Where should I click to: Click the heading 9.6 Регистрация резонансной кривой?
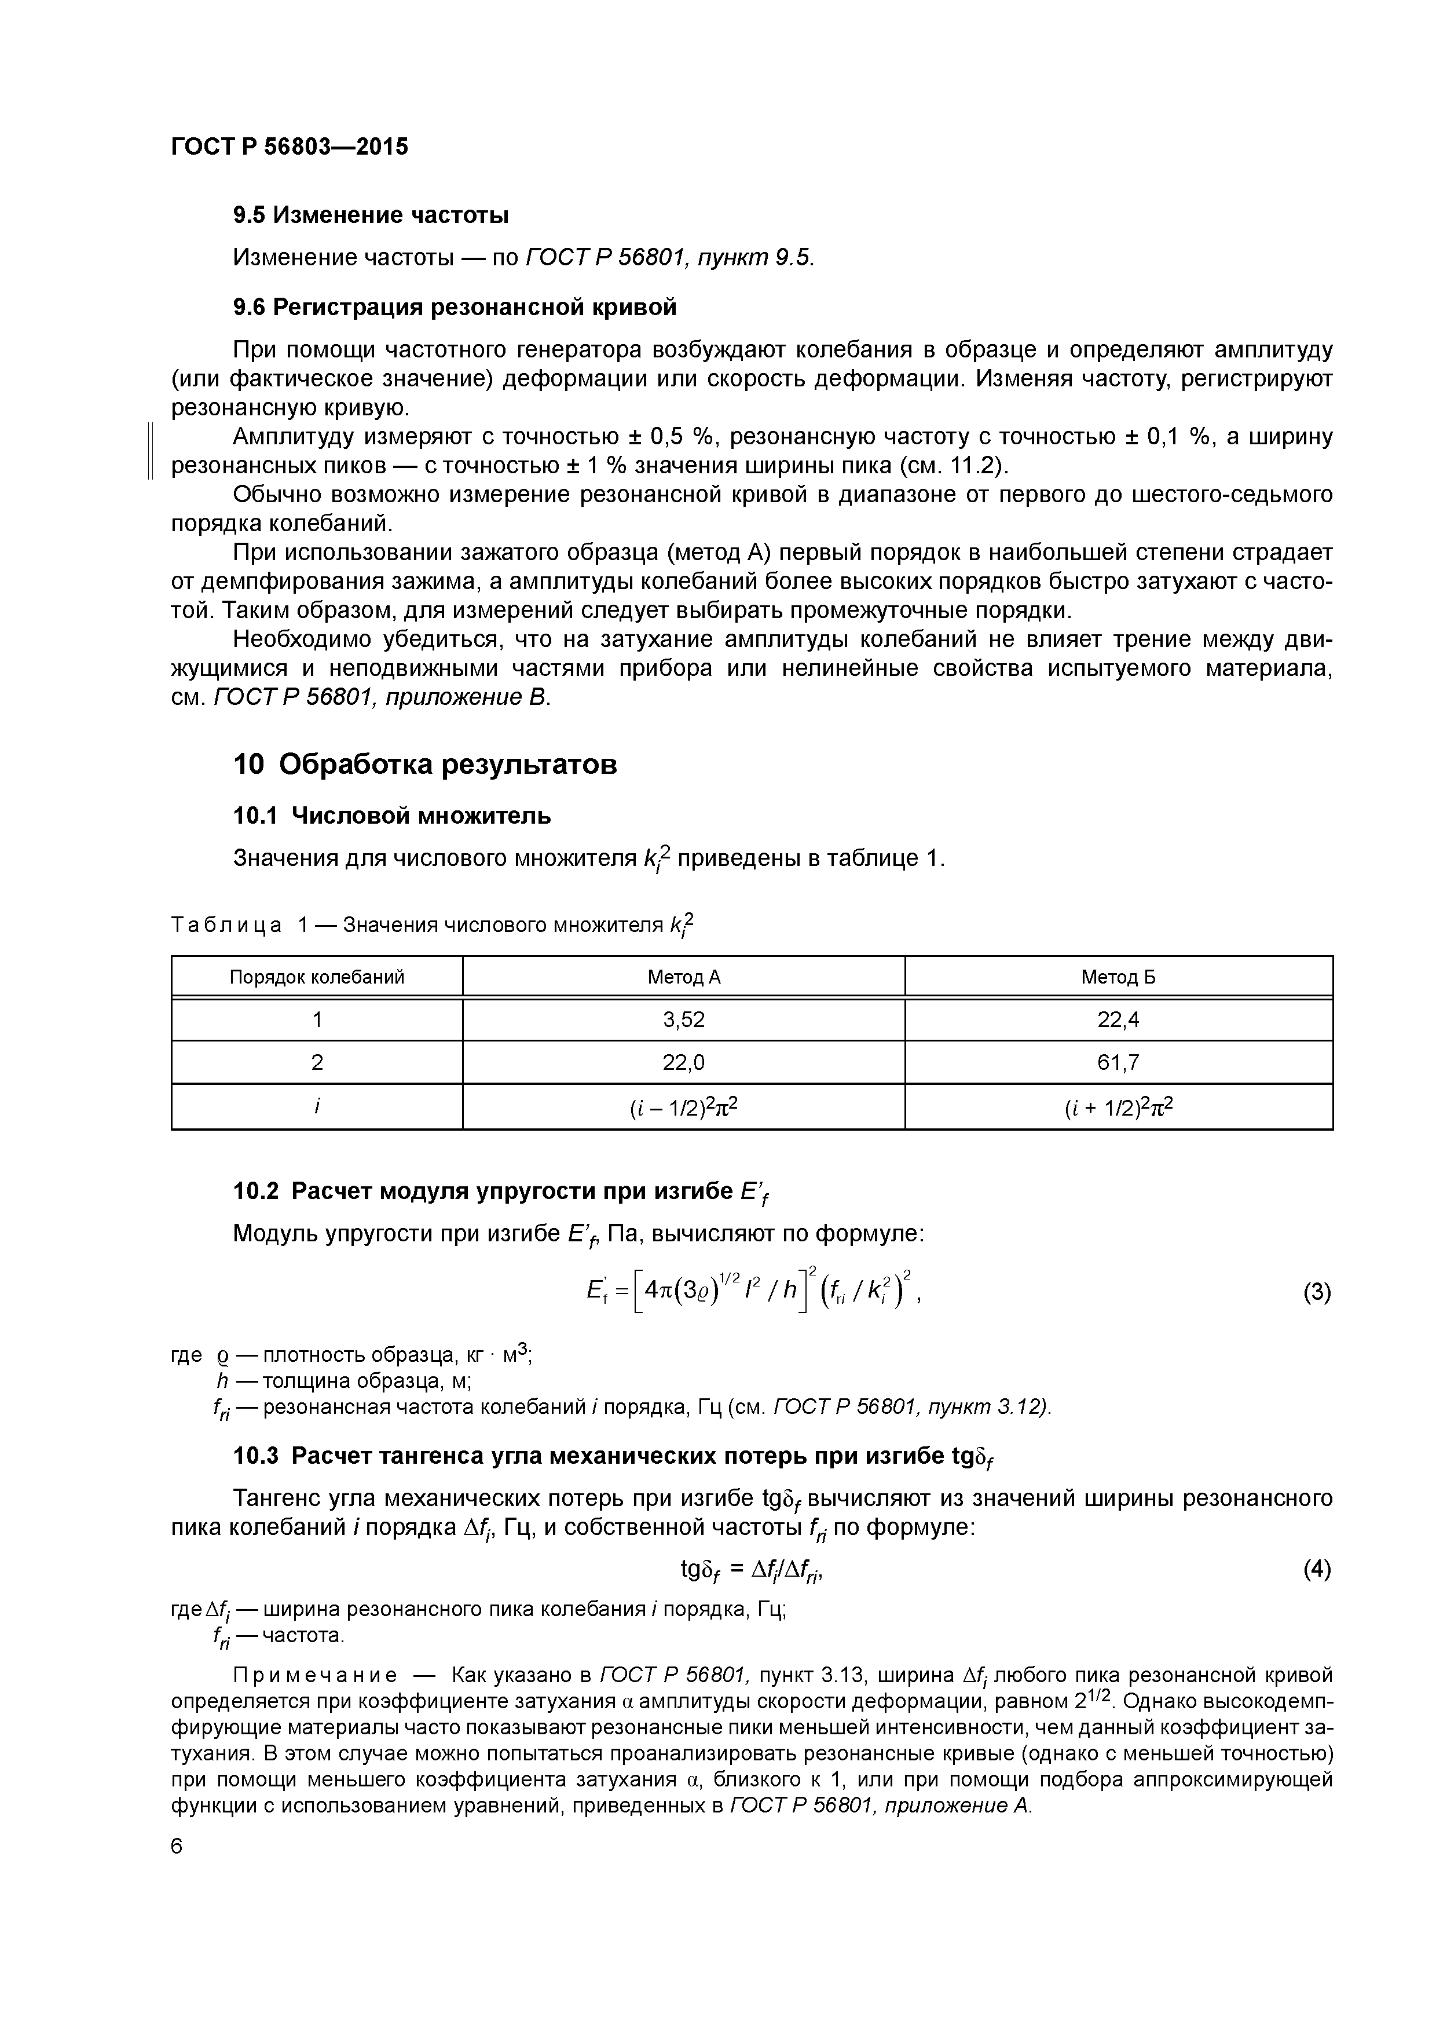point(455,307)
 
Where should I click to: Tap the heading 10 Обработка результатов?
point(424,764)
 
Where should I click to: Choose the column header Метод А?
point(683,977)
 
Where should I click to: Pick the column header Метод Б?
point(1118,977)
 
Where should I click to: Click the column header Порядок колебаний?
point(317,977)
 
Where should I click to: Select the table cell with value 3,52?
point(683,1019)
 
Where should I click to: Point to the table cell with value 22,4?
point(1118,1019)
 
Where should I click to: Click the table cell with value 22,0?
point(683,1062)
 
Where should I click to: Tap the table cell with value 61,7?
point(1118,1062)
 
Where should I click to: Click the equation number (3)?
point(1316,1293)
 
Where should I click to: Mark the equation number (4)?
point(1316,1569)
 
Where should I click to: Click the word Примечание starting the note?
point(314,1675)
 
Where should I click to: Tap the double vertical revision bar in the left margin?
point(151,451)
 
